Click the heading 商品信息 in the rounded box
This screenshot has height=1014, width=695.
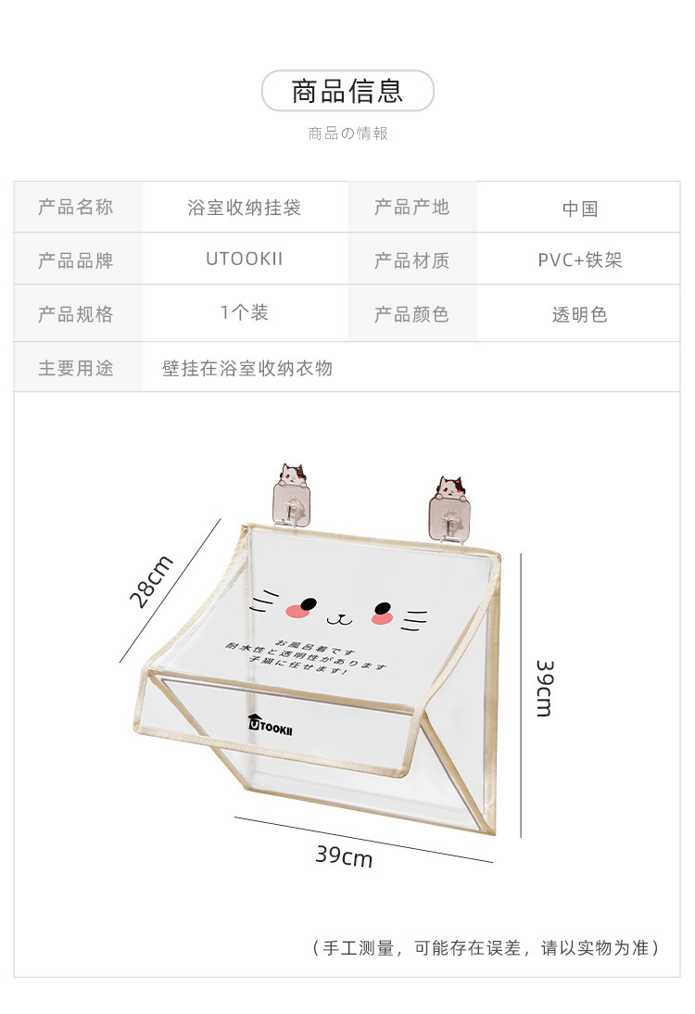tap(347, 91)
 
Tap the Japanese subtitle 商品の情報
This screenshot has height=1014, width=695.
tap(347, 133)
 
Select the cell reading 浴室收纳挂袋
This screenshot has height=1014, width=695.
tap(245, 208)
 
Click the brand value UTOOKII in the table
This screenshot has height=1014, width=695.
tap(245, 260)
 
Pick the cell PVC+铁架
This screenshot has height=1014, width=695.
tap(580, 260)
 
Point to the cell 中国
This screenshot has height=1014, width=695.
tap(580, 209)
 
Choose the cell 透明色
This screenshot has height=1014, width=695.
tap(580, 314)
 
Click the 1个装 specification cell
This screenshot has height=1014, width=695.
tap(245, 313)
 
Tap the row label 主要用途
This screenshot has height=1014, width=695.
tap(76, 368)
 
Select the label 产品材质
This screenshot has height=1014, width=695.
tap(411, 260)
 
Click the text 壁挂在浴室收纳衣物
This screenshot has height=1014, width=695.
tap(247, 368)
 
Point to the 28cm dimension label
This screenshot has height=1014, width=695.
tap(151, 581)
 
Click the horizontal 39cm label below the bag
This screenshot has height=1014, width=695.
tap(344, 856)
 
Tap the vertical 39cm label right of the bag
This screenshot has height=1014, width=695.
tap(545, 688)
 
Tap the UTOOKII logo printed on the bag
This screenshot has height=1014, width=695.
tap(271, 727)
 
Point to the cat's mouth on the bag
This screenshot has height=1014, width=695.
tap(340, 617)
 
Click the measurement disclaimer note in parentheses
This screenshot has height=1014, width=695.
tap(486, 947)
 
